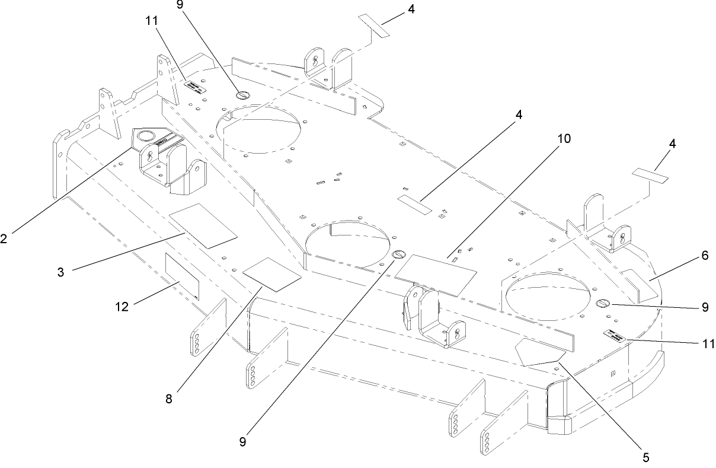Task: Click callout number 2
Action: [x=5, y=238]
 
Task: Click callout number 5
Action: [x=646, y=457]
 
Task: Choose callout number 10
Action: [x=564, y=139]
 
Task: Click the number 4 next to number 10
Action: [x=519, y=115]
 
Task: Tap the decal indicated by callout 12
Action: [x=182, y=276]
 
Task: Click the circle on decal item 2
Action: [x=145, y=136]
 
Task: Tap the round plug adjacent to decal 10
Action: [x=399, y=254]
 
